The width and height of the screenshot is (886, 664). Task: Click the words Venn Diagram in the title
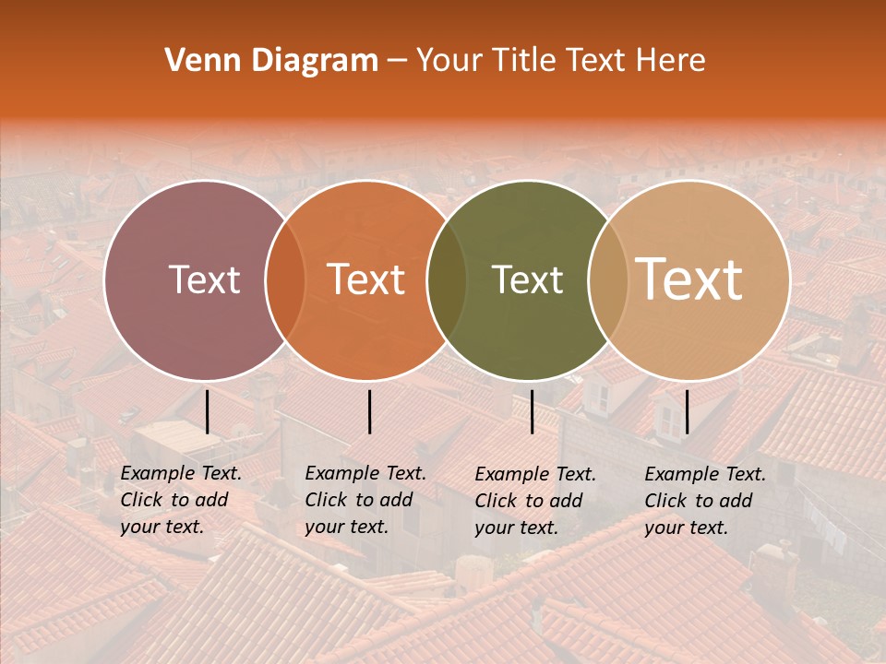(271, 61)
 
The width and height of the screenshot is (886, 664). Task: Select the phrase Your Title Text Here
(560, 61)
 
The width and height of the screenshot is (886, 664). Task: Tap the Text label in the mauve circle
(204, 279)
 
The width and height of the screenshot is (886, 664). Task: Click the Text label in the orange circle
(366, 279)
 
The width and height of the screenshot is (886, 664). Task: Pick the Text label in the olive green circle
(528, 279)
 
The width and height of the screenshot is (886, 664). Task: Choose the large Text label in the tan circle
(689, 279)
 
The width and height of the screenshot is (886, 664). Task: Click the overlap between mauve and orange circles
(285, 280)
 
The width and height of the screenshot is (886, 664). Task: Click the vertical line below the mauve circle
(208, 411)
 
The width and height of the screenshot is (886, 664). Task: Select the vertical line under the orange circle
(369, 411)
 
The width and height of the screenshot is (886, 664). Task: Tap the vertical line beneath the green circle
(532, 411)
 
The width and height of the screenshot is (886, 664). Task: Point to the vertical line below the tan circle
(687, 411)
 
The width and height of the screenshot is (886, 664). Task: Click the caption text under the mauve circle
(181, 500)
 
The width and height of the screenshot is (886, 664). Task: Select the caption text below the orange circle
(365, 500)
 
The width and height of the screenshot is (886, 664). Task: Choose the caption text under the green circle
(535, 501)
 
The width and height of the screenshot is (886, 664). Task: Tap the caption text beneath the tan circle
(705, 501)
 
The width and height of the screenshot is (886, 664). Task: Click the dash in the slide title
(397, 61)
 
